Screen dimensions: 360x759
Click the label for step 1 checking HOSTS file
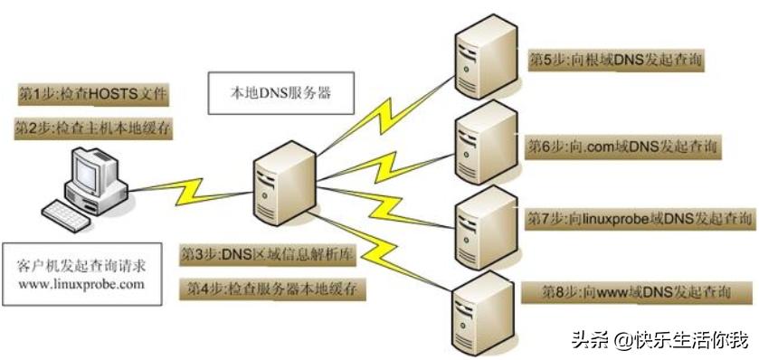pyautogui.click(x=93, y=94)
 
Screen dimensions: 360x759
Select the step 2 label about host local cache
pyautogui.click(x=93, y=129)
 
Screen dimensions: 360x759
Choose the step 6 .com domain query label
pyautogui.click(x=622, y=146)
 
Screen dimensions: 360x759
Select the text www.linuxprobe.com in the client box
pyautogui.click(x=81, y=284)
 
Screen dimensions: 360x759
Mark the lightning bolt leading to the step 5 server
pyautogui.click(x=380, y=109)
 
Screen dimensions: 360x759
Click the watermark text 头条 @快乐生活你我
pyautogui.click(x=659, y=341)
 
